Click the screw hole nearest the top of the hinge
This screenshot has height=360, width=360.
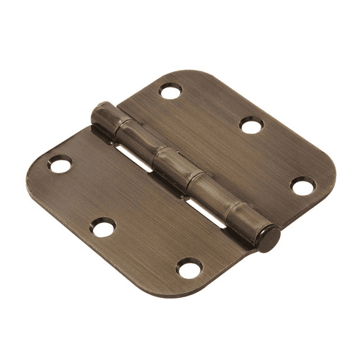coord(169,92)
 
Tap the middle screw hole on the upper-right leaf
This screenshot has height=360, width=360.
coord(251,127)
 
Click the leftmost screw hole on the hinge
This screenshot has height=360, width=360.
coord(60,165)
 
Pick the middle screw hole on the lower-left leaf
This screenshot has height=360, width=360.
coord(103,227)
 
